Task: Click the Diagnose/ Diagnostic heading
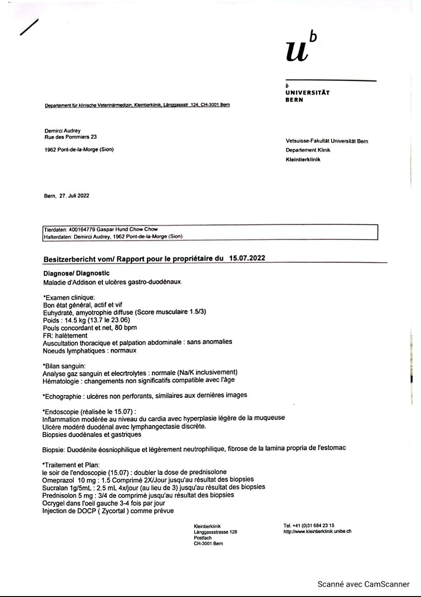point(76,273)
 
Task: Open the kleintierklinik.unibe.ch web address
point(317,531)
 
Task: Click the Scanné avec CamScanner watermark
point(363,584)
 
